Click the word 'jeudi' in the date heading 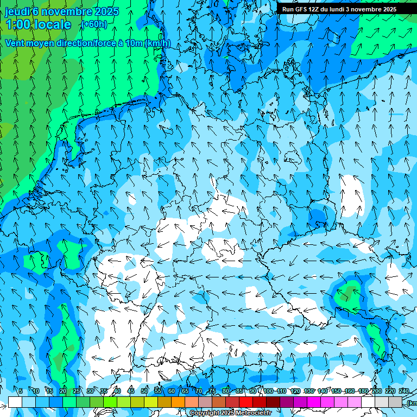[x=17, y=11]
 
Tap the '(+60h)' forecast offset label [x=94, y=24]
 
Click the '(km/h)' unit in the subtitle [x=157, y=43]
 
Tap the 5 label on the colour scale [x=21, y=391]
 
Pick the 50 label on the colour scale [x=144, y=391]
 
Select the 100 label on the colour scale [x=268, y=391]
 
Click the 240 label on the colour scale [x=404, y=391]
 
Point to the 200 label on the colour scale [x=376, y=391]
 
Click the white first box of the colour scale [x=15, y=402]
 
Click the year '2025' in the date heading [x=106, y=11]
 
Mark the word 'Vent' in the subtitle [x=15, y=43]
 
